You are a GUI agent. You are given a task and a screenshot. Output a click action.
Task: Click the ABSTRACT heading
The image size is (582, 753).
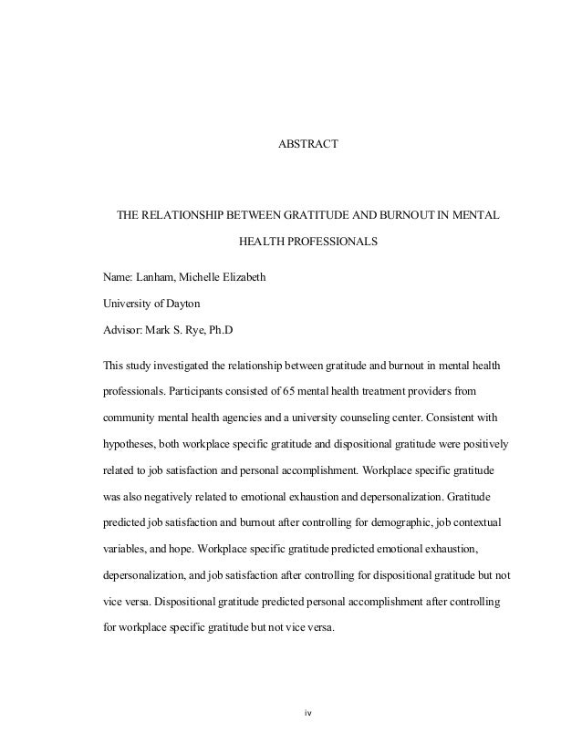[x=307, y=144]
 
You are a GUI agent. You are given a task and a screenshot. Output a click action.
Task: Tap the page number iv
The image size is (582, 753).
[x=307, y=711]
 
